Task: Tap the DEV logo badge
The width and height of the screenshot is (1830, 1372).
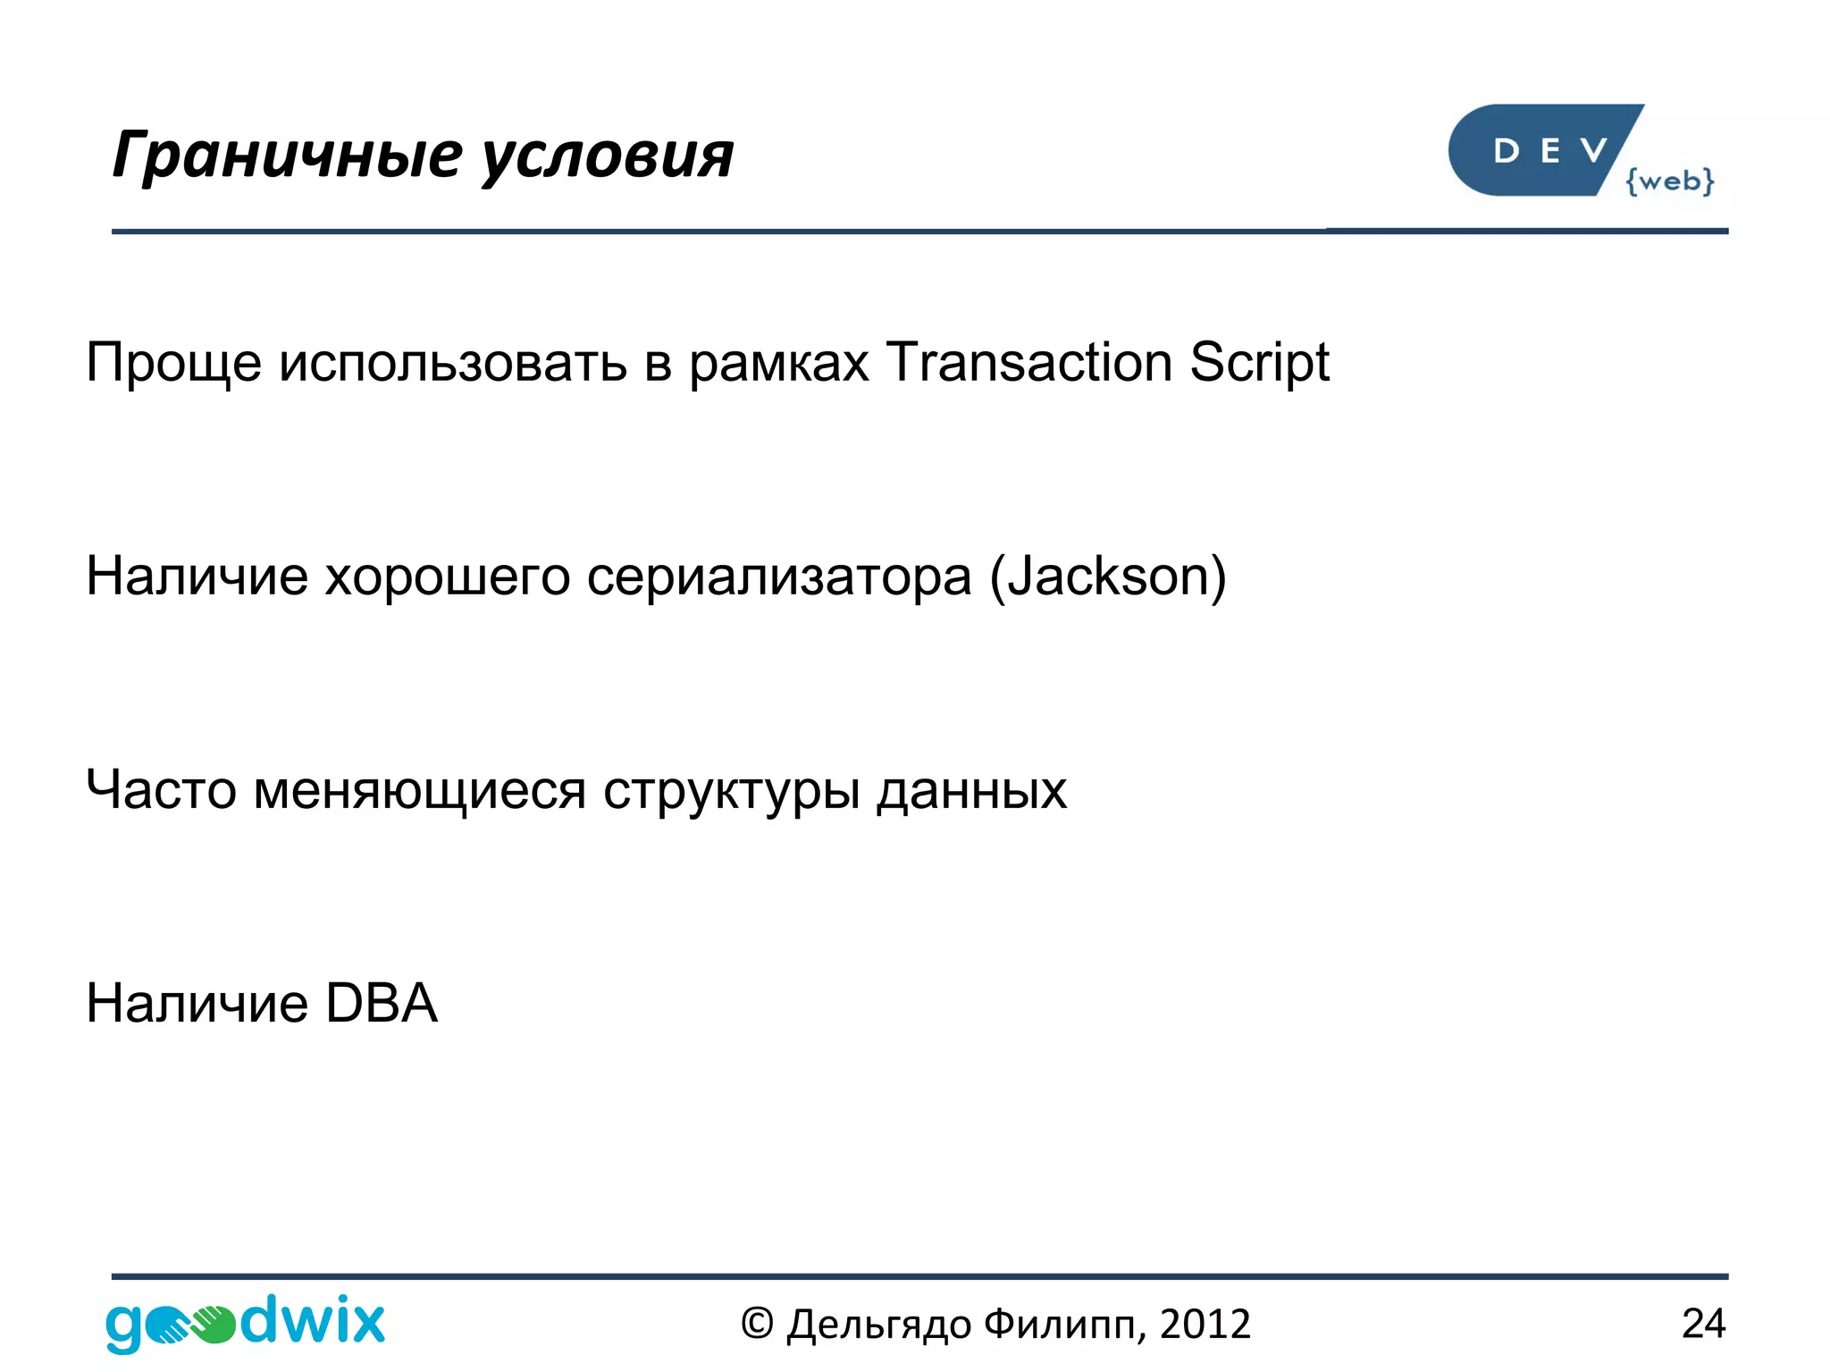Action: pos(1542,150)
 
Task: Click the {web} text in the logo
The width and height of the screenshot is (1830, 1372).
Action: pos(1669,181)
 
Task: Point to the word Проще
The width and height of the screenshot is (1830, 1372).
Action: pos(173,363)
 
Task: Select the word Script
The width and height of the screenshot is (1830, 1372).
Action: pos(1259,364)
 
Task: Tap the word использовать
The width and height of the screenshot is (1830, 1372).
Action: pos(453,363)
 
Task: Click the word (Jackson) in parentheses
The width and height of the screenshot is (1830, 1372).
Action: pos(1108,577)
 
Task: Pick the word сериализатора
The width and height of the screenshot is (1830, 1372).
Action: pos(779,577)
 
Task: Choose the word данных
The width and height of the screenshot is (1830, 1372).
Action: pos(971,790)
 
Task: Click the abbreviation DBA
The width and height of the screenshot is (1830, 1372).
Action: pos(382,1003)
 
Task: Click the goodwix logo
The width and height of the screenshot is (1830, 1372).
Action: pos(245,1322)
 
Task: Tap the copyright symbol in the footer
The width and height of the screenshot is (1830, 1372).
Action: pos(756,1324)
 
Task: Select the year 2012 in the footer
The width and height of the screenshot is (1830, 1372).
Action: pos(1205,1324)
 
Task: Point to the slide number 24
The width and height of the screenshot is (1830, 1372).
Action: pos(1702,1324)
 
